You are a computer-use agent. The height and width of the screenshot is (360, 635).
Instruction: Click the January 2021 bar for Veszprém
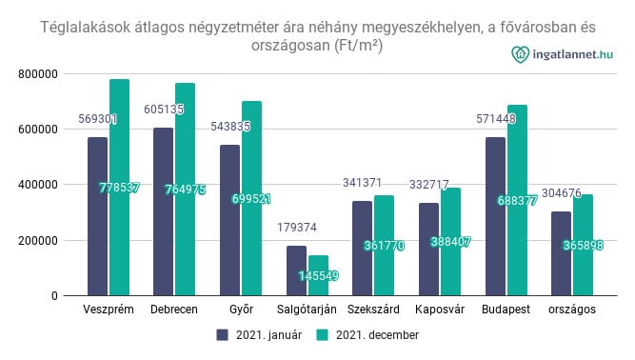(x=97, y=216)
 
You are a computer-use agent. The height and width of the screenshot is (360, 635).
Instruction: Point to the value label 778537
(x=119, y=189)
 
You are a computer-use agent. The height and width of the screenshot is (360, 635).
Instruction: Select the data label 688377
(x=518, y=201)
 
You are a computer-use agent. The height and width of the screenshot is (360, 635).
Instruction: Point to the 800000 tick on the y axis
(x=40, y=73)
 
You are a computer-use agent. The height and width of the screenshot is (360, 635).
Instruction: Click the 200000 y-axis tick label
(x=40, y=240)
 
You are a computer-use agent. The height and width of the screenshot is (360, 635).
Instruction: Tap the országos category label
(x=572, y=310)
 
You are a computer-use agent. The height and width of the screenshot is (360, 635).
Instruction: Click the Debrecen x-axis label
(x=174, y=310)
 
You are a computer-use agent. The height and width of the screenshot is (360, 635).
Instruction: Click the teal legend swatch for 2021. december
(x=322, y=335)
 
